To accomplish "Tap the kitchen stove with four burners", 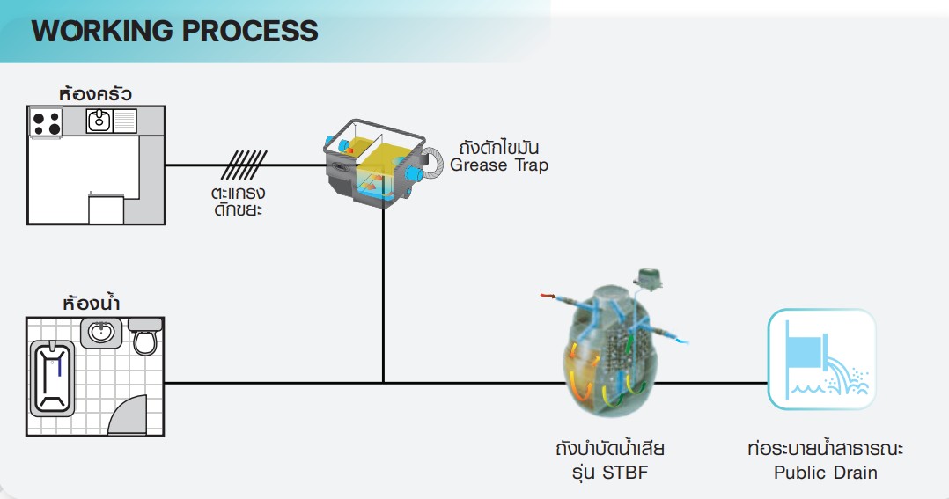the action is click(x=46, y=122).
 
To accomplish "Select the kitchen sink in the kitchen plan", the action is click(x=99, y=121).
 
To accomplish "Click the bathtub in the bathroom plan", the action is click(x=52, y=378).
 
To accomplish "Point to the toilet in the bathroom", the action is click(x=145, y=336).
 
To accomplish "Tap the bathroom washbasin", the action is click(x=101, y=334).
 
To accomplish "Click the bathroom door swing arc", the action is click(x=129, y=415).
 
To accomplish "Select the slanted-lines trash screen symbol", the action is click(x=243, y=165).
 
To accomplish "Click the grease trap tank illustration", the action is click(x=375, y=164).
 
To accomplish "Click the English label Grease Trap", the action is click(x=499, y=165).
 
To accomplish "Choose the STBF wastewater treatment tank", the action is click(x=611, y=351).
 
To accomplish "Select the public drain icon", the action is click(x=822, y=359).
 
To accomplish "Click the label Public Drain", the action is click(x=826, y=473).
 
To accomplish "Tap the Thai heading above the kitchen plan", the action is click(x=96, y=94).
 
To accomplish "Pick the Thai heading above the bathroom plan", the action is click(x=92, y=302).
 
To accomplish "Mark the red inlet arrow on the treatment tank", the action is click(x=548, y=295).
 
